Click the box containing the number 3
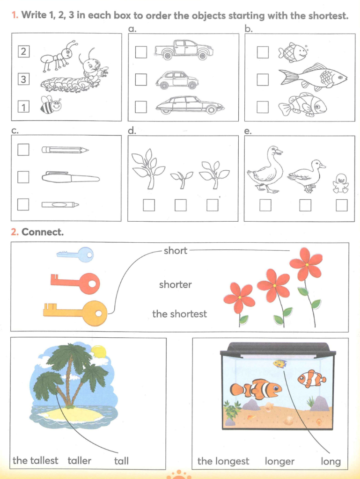click(23, 79)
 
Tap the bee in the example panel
click(51, 105)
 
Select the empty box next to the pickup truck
click(141, 52)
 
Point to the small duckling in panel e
click(340, 183)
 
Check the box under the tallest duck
click(265, 205)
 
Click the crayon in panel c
click(60, 204)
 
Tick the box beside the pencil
click(23, 150)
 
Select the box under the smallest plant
click(181, 205)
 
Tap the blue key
click(75, 254)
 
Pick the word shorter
click(176, 284)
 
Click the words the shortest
click(180, 314)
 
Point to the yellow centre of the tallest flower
click(307, 265)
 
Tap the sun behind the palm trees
click(98, 352)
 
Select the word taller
click(80, 460)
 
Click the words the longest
click(223, 461)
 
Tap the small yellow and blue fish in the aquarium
click(280, 363)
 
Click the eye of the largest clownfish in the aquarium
click(276, 388)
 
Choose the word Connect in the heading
click(43, 232)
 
